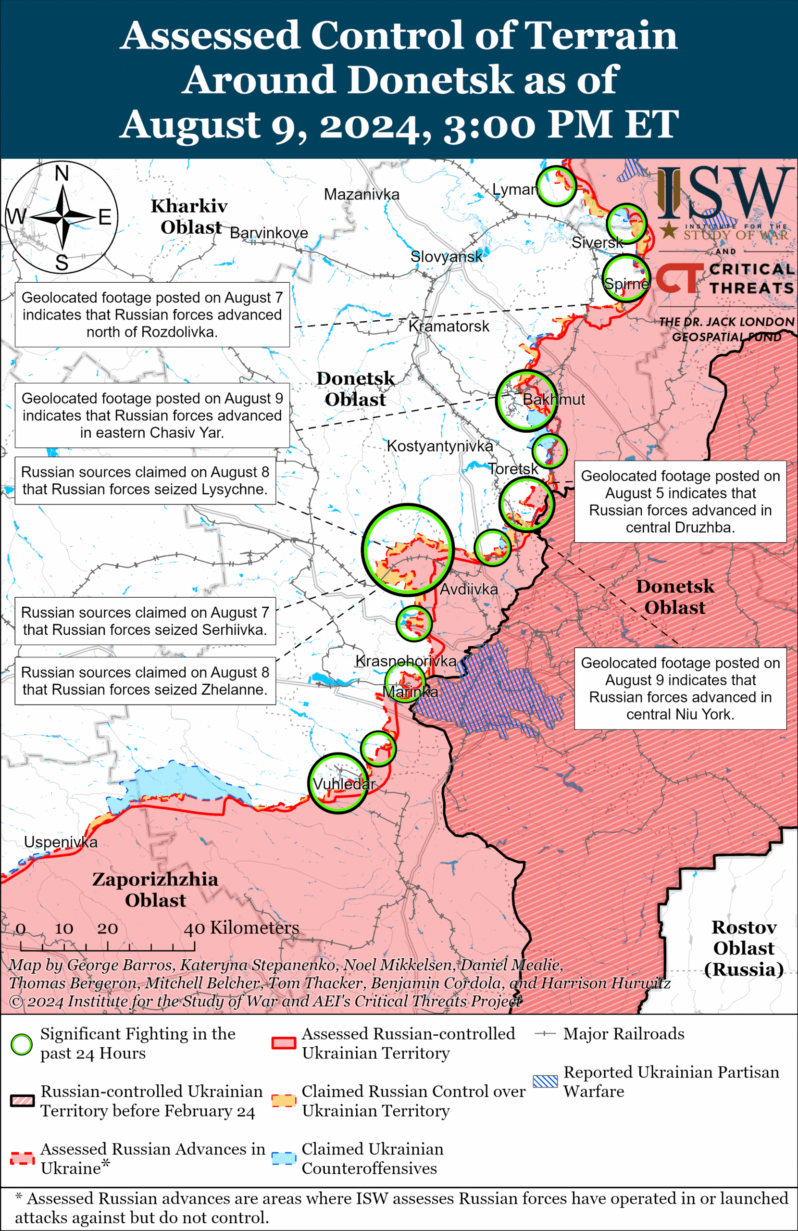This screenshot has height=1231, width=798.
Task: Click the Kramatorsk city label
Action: pyautogui.click(x=449, y=327)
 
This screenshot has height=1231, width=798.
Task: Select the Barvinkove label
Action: pyautogui.click(x=268, y=233)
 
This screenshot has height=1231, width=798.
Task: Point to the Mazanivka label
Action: pyautogui.click(x=362, y=194)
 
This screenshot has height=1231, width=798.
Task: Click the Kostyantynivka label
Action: pyautogui.click(x=439, y=446)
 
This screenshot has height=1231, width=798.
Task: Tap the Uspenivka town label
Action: pyautogui.click(x=61, y=842)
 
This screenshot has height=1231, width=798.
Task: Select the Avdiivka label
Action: pyautogui.click(x=469, y=589)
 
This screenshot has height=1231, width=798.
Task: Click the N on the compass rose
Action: pyautogui.click(x=62, y=173)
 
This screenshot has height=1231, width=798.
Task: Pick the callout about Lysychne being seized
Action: pyautogui.click(x=145, y=480)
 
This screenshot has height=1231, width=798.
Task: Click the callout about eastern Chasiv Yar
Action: pyautogui.click(x=152, y=415)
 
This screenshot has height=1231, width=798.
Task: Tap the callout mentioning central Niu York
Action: pyautogui.click(x=680, y=689)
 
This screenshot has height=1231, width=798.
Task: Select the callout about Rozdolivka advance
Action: pyautogui.click(x=152, y=314)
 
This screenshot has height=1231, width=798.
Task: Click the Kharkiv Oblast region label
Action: pyautogui.click(x=189, y=216)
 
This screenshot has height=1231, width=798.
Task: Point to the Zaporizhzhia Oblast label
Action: pyautogui.click(x=155, y=890)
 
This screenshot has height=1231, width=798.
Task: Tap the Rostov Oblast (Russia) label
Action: pyautogui.click(x=744, y=948)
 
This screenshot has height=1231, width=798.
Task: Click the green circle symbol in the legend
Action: pyautogui.click(x=22, y=1044)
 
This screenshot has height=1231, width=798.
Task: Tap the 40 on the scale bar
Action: pyautogui.click(x=194, y=929)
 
